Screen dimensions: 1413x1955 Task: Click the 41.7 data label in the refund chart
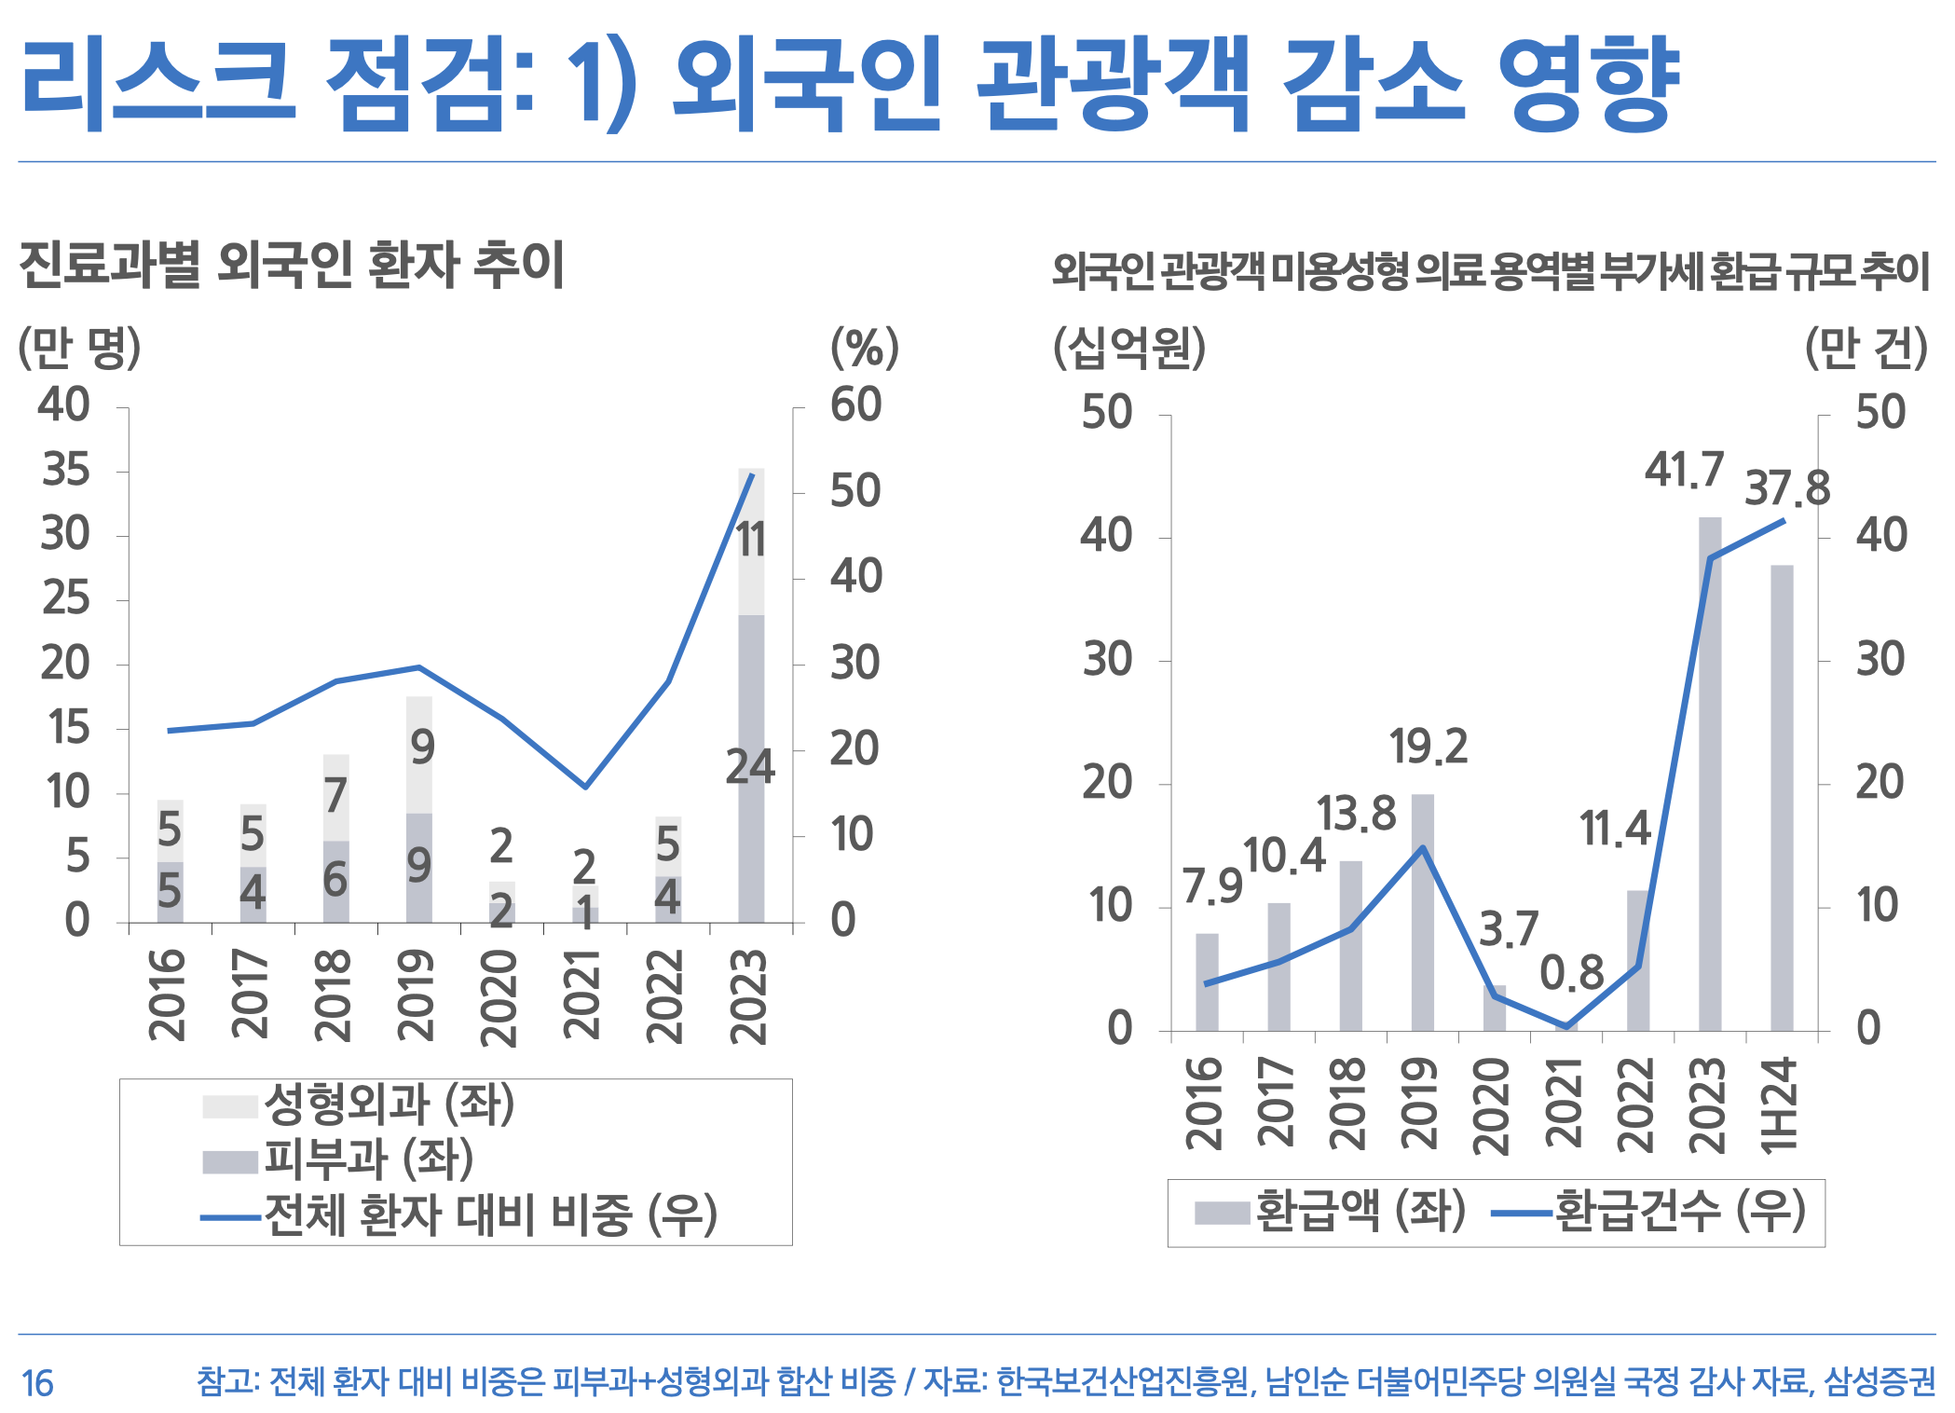click(1684, 470)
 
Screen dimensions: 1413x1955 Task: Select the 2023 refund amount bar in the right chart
click(1710, 774)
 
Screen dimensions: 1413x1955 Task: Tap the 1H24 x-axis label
click(1779, 1105)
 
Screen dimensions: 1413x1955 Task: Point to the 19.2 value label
click(1429, 747)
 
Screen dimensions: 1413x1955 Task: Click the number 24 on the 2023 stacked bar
click(750, 767)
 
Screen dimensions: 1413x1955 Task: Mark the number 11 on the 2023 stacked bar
click(751, 540)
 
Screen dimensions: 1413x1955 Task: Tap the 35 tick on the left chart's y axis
click(65, 470)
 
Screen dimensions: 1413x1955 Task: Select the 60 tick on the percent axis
click(855, 405)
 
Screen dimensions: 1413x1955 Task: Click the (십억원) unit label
click(1129, 349)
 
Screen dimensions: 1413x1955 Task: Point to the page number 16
click(37, 1383)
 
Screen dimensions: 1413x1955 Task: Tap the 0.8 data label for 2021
click(1571, 973)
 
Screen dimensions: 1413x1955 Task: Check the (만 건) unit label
click(1866, 349)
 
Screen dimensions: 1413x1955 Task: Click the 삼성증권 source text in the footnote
click(1880, 1381)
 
